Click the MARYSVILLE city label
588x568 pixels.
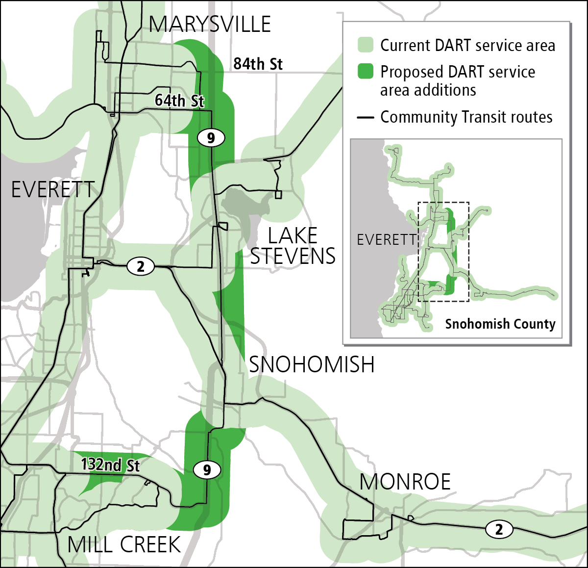pos(210,25)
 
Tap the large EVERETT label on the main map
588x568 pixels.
pos(53,190)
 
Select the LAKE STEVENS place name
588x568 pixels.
pos(293,246)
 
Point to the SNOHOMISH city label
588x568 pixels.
pos(312,365)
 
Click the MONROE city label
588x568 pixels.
pos(405,482)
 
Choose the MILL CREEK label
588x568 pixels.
pos(124,545)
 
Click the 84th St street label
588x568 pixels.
pos(258,64)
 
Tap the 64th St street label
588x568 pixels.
pos(179,101)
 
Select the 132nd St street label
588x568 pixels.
pos(110,465)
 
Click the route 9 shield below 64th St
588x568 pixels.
pos(211,138)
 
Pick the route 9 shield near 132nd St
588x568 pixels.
pos(207,470)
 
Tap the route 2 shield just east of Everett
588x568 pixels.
pos(141,266)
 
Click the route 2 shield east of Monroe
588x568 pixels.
pos(499,529)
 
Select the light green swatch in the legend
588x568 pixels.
pos(365,45)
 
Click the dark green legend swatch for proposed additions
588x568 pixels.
pos(365,72)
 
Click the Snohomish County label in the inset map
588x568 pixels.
pos(500,324)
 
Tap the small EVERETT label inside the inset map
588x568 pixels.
pos(386,240)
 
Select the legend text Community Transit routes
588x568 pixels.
pos(466,117)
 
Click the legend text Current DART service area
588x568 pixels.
pos(467,46)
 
